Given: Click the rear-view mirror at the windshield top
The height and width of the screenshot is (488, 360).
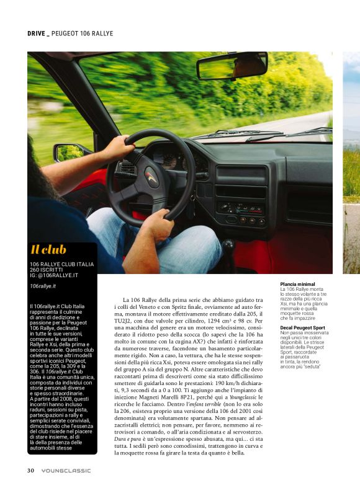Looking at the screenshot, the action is click(232, 65).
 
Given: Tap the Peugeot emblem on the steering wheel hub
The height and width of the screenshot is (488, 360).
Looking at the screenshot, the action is click(151, 179).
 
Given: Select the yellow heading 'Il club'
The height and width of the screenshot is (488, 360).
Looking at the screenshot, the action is click(48, 250).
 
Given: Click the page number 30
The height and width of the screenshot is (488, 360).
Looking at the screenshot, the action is click(30, 470).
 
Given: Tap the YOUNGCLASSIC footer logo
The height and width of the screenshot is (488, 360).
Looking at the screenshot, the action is click(66, 470).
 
